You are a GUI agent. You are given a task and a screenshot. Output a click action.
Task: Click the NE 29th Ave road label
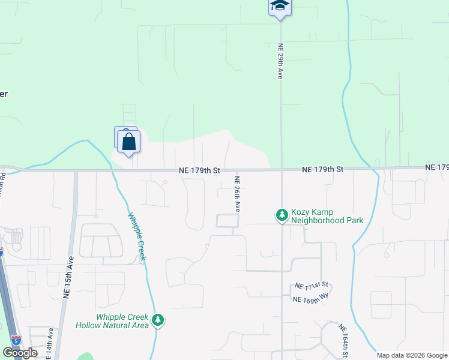[x=280, y=61]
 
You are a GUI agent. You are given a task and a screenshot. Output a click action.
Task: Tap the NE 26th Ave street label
[x=237, y=193]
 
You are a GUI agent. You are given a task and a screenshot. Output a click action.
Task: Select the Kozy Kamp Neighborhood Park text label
[x=327, y=217]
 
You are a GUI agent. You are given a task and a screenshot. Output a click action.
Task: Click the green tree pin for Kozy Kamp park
[x=281, y=214]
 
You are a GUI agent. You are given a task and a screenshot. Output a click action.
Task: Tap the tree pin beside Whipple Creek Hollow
[x=158, y=320]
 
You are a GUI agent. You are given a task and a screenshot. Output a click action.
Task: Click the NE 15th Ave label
[x=68, y=278]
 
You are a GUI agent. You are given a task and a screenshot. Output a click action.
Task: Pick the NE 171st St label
[x=312, y=284]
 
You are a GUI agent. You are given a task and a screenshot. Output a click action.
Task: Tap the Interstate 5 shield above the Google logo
[x=16, y=340]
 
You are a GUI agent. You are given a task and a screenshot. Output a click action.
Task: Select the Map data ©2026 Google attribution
[x=412, y=355]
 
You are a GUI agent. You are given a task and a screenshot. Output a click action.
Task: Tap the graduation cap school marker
[x=279, y=6]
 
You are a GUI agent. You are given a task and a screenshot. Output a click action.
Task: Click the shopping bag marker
[x=129, y=142]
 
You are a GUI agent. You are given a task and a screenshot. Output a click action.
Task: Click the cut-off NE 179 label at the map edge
[x=437, y=167]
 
